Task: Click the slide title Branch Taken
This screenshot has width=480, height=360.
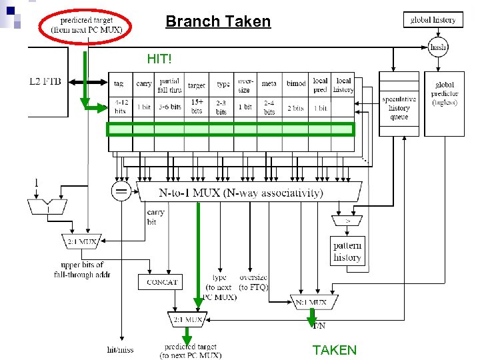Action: (x=218, y=21)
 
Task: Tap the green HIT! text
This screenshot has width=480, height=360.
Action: (x=159, y=59)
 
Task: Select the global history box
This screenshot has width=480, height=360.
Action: (x=433, y=20)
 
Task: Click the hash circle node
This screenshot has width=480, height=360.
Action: (x=438, y=47)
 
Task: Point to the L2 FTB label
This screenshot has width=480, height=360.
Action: (x=45, y=81)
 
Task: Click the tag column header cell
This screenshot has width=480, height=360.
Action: (x=119, y=84)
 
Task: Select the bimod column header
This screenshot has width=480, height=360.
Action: (x=296, y=84)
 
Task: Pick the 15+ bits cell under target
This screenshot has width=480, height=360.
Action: (x=197, y=106)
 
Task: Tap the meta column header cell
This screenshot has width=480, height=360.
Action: (x=269, y=84)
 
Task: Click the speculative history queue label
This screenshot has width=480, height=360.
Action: (x=399, y=108)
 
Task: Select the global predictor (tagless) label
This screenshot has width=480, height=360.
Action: (x=444, y=93)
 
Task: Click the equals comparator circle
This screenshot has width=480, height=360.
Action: (x=121, y=191)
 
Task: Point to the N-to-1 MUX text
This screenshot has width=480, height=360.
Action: (x=240, y=193)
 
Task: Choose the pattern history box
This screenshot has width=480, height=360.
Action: (x=347, y=251)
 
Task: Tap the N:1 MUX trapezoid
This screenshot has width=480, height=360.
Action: (x=311, y=302)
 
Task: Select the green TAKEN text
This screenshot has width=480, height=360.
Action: (x=334, y=350)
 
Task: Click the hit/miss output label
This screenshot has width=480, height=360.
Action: (x=120, y=349)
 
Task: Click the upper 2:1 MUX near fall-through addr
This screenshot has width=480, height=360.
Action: (x=81, y=241)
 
